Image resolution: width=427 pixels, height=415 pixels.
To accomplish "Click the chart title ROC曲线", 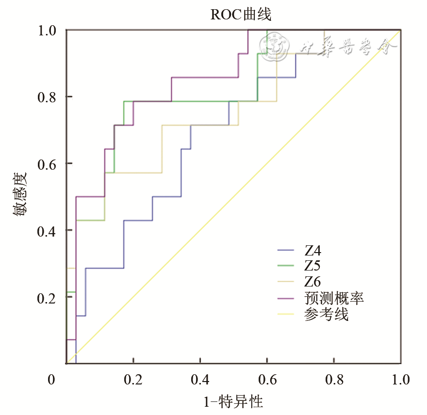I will coord(241,15).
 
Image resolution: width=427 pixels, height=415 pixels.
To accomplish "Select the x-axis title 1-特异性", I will coord(233,401).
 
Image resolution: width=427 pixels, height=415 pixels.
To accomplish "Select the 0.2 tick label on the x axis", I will coord(133,380).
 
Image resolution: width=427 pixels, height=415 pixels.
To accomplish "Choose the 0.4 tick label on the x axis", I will coord(200,380).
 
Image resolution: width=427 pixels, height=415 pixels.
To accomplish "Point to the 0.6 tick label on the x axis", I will coord(267,380).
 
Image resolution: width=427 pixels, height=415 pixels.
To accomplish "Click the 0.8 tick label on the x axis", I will coord(334,380).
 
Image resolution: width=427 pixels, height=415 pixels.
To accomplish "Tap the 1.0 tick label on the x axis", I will coord(400,380).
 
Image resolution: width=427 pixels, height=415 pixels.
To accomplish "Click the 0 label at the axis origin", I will coord(52,380).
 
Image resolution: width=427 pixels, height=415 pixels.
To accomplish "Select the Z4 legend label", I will coord(313,251).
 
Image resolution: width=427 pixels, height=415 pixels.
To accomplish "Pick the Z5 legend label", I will coord(313,266).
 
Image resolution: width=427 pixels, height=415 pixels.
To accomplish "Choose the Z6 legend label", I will coord(313,281).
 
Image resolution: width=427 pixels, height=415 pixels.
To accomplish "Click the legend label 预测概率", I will coord(334,297).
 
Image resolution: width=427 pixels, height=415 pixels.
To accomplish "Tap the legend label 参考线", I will coord(327,314).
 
